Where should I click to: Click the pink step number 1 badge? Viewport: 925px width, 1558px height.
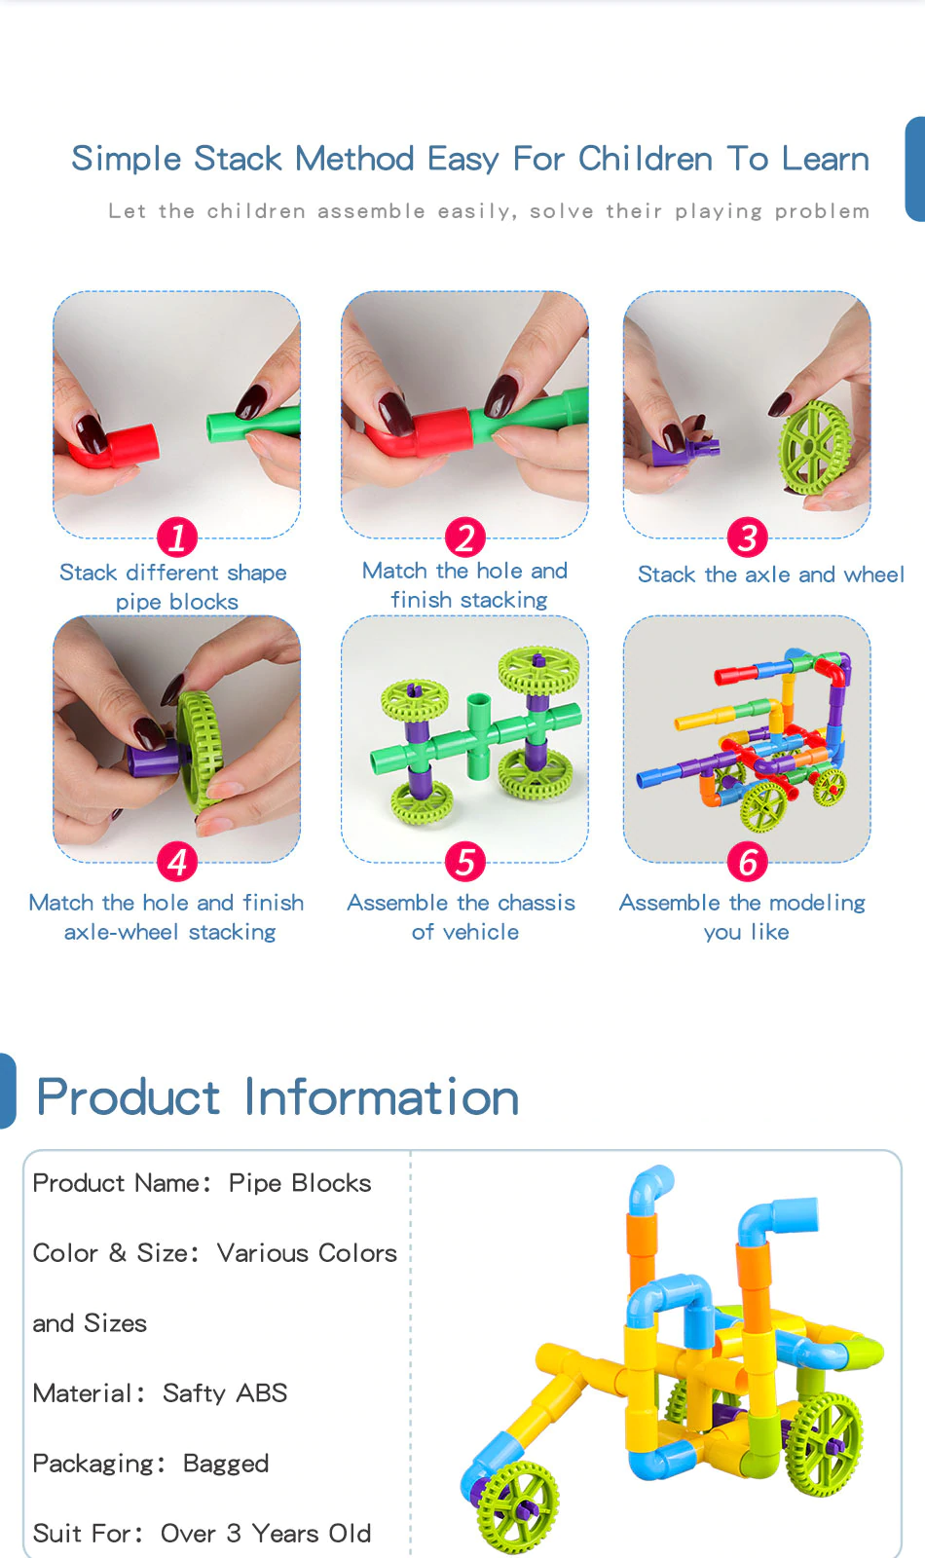click(x=176, y=537)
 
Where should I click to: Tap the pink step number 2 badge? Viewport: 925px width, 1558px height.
click(x=464, y=537)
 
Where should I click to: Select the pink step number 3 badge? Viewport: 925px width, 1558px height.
click(x=747, y=537)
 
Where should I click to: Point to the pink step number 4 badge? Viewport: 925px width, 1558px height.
click(x=176, y=862)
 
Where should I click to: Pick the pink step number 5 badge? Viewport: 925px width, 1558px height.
click(x=464, y=862)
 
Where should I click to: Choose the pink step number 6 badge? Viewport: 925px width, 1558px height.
click(x=747, y=862)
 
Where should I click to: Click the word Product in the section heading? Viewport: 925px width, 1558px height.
click(x=128, y=1098)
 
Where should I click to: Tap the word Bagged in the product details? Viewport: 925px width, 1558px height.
click(x=225, y=1464)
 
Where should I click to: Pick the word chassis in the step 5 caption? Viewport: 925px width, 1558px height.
click(x=536, y=903)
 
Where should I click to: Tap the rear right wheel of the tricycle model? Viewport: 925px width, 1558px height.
click(x=825, y=1444)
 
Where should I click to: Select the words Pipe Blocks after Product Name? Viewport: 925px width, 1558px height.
click(x=300, y=1183)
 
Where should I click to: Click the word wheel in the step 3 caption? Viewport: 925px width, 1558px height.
click(x=873, y=575)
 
